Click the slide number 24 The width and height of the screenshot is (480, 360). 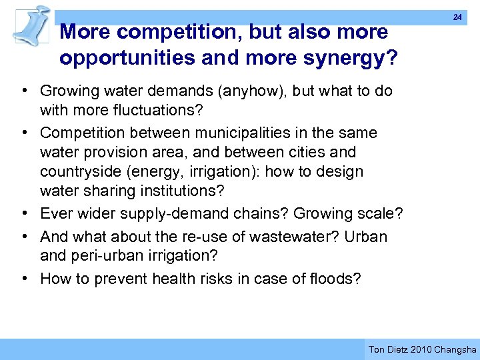tap(457, 17)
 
